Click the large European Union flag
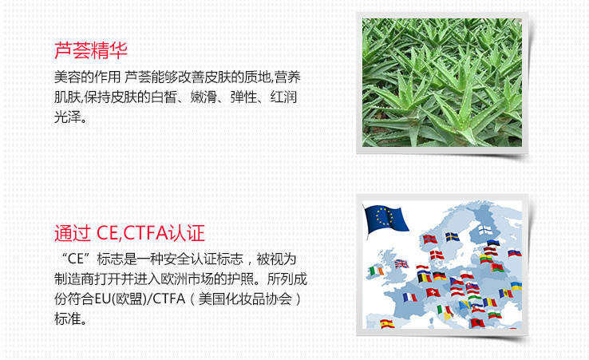tap(386, 219)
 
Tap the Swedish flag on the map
tap(453, 237)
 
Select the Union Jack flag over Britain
tap(401, 263)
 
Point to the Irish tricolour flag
tap(376, 271)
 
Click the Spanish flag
tap(387, 323)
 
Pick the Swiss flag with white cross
tap(433, 292)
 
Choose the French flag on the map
tap(409, 298)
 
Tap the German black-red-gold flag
tap(440, 276)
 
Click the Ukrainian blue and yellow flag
tap(516, 286)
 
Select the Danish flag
tap(437, 255)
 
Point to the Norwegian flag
tap(430, 239)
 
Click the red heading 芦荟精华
tap(91, 50)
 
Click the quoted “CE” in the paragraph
tap(75, 259)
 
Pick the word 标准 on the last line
tap(68, 319)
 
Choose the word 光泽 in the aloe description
tap(68, 117)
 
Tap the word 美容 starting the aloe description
tap(68, 77)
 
